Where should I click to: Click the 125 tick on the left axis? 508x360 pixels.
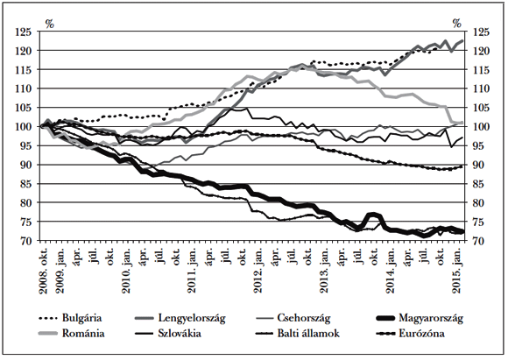(25, 32)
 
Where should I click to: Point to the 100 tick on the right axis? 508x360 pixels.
(481, 127)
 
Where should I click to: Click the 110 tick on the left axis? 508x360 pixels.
(25, 88)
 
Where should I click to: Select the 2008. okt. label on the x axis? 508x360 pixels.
(42, 265)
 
